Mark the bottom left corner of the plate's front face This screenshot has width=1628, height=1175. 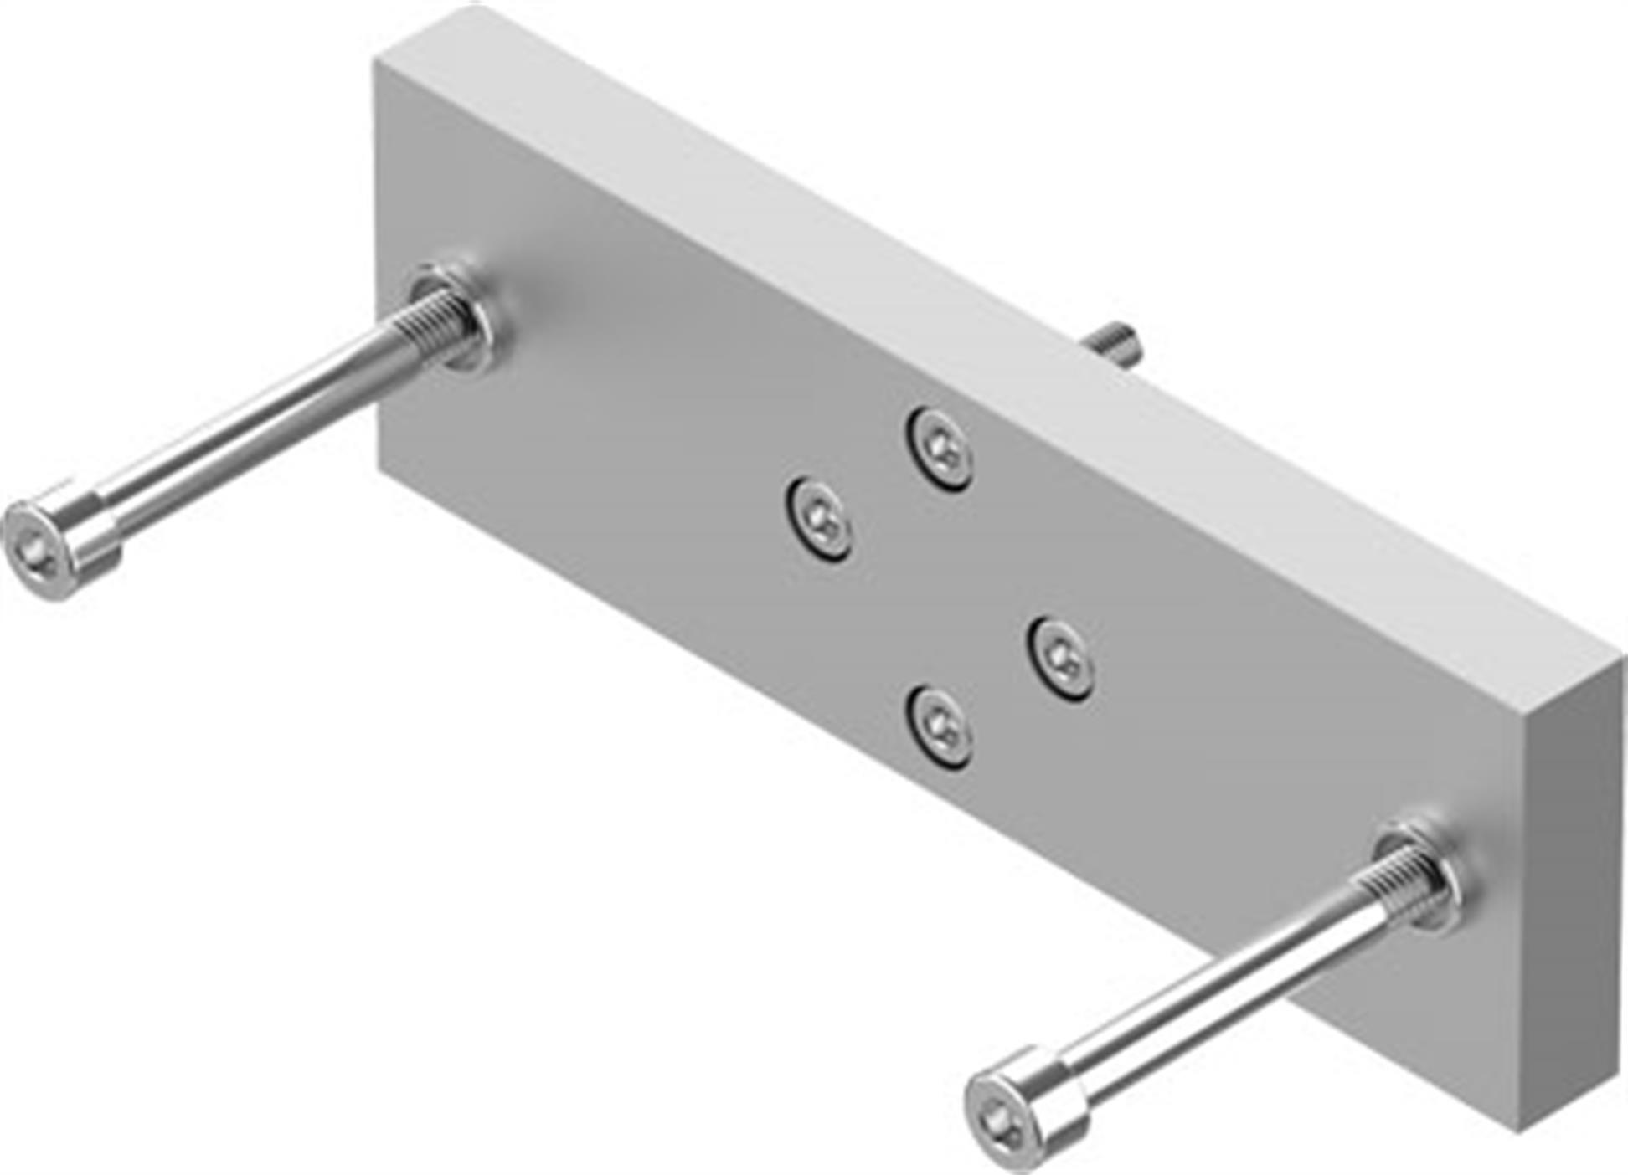tap(382, 464)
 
